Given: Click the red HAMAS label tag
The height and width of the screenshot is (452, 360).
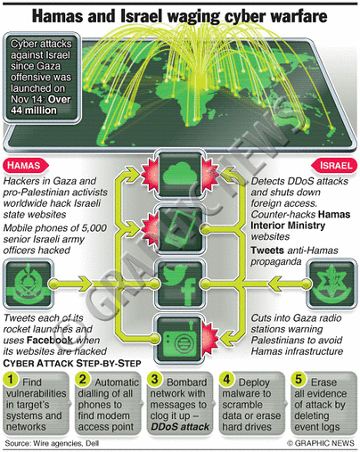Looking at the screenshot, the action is click(x=26, y=166).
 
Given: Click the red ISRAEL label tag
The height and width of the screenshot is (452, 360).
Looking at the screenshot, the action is click(x=334, y=166).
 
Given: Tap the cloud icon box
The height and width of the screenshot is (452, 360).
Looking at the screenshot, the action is click(x=180, y=175).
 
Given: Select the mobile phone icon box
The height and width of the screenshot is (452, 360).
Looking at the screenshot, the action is click(x=180, y=229).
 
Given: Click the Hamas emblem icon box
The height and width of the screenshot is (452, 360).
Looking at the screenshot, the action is click(x=29, y=284).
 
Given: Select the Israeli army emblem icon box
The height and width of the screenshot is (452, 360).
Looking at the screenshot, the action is click(x=331, y=284).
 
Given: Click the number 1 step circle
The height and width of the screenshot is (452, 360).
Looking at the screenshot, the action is click(x=11, y=379).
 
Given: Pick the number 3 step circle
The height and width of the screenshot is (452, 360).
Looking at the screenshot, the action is click(x=155, y=379).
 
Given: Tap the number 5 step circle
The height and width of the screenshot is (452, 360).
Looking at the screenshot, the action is click(x=299, y=379).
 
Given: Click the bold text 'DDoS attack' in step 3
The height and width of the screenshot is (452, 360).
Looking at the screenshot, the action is click(x=180, y=427).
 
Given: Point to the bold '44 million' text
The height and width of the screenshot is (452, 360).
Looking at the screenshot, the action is click(x=34, y=111).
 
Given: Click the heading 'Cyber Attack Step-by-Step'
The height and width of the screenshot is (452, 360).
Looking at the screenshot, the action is click(x=72, y=364).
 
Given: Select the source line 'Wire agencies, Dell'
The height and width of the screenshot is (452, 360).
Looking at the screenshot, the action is click(x=66, y=443).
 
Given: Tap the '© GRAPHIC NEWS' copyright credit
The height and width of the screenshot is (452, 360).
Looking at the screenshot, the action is click(x=321, y=443).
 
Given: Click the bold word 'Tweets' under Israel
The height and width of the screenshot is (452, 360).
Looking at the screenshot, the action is click(x=267, y=251).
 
